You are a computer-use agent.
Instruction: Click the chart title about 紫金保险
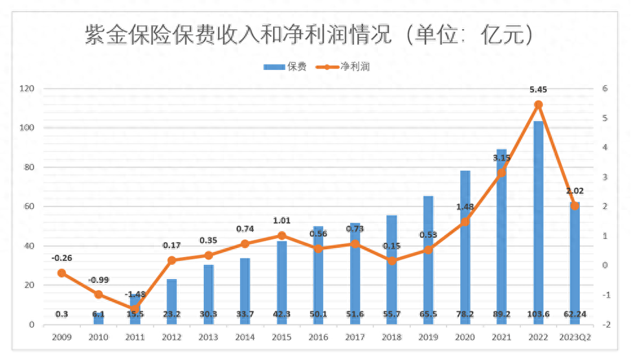pos(310,35)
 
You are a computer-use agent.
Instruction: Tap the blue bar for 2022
pos(538,220)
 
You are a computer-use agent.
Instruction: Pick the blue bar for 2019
pos(428,259)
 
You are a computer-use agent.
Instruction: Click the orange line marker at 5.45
pos(538,104)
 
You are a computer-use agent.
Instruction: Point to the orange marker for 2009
pos(61,273)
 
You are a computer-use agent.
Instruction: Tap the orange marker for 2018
pos(392,261)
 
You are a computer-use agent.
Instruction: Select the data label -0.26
pos(62,258)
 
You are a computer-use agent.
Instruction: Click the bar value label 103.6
pos(538,314)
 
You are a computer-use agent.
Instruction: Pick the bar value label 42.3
pos(282,314)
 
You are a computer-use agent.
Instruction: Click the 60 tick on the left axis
pos(28,207)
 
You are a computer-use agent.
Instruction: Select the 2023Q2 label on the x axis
pos(575,337)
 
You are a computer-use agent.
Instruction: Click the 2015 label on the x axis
pos(282,337)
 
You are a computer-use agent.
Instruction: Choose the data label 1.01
pos(282,221)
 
